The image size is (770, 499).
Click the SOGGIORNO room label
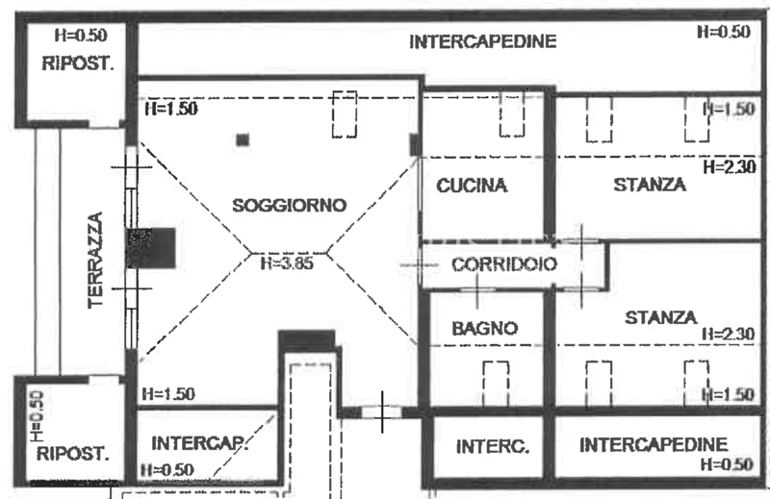(290, 205)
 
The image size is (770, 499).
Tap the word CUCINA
(472, 186)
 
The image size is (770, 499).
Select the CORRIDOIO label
(504, 264)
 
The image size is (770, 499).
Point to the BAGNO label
(485, 328)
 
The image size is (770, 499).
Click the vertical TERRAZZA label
(95, 260)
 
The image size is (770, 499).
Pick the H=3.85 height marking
(287, 263)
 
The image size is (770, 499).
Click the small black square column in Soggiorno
(243, 139)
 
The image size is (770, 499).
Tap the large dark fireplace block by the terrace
(152, 248)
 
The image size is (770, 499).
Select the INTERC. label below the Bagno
(493, 446)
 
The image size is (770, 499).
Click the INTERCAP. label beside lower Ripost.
(199, 443)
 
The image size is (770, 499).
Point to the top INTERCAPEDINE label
(483, 41)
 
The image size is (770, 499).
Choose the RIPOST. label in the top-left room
(78, 63)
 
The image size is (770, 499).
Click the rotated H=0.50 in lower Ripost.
(38, 416)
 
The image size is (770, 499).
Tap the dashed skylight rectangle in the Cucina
(512, 113)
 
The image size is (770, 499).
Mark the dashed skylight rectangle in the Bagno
(496, 385)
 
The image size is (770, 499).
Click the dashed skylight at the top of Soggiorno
(345, 114)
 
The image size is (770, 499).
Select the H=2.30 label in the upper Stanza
(730, 167)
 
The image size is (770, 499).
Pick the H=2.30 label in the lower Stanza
(728, 335)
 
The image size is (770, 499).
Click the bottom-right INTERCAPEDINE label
(654, 445)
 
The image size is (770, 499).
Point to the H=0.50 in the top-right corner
(724, 32)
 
